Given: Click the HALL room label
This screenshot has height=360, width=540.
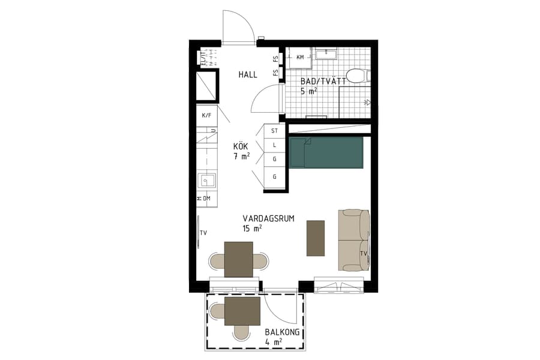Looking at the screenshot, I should (247, 75).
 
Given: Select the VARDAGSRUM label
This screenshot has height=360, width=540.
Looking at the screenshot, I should (268, 219).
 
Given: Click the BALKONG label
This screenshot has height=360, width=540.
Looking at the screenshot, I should (282, 332).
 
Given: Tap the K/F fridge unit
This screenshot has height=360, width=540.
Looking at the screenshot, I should (206, 115).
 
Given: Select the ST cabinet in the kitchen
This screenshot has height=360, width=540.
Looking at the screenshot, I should (275, 130).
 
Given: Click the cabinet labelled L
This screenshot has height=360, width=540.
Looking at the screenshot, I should (275, 145).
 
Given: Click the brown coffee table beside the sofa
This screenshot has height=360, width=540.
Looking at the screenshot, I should (315, 238).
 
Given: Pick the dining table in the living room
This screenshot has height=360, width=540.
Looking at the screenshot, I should (238, 259).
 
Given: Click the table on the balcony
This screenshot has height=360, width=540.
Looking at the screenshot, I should (242, 311).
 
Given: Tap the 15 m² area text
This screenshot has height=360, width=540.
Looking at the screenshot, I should (252, 229).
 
